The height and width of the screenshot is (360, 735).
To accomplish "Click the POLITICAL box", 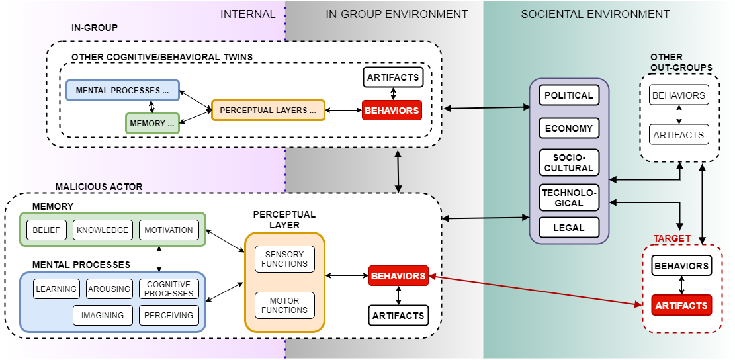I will [568, 95].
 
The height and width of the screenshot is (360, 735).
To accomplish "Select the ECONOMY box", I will [568, 128].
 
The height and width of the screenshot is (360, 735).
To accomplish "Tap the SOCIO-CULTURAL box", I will [568, 162].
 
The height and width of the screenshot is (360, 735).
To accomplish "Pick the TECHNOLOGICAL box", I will [568, 197].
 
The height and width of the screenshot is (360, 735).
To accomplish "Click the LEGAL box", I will [568, 228].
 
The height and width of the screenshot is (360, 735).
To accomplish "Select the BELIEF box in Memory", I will [46, 230].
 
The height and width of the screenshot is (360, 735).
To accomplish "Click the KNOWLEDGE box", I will [103, 230].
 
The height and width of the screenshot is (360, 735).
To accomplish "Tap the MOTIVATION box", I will [169, 230].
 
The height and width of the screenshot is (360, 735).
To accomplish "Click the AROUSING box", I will [109, 289].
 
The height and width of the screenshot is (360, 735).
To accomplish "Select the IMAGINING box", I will [103, 316].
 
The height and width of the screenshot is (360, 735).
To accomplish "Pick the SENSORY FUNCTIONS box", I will [284, 259].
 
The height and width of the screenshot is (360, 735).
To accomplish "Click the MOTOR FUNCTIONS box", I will [284, 305].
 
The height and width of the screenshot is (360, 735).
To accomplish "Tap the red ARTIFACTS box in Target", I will [681, 306].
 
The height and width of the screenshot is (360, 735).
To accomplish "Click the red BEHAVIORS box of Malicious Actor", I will [398, 276].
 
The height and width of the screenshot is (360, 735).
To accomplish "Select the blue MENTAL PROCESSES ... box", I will [122, 90].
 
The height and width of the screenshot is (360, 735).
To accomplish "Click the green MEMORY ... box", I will [152, 124].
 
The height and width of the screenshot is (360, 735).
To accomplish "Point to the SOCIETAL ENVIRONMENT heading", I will [595, 14].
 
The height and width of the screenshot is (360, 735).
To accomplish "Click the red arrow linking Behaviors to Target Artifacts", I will [536, 291].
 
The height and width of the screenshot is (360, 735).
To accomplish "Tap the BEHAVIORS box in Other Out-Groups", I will [678, 95].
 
